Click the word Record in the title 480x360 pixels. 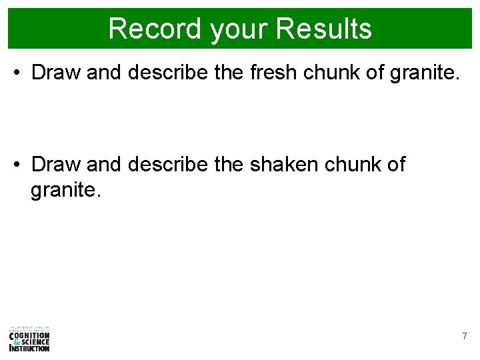[x=155, y=29]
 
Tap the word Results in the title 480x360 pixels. [x=324, y=29]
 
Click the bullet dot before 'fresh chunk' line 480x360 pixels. [x=19, y=73]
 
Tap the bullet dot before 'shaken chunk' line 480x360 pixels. [x=19, y=164]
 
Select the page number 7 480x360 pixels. [x=465, y=337]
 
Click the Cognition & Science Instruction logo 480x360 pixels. [x=29, y=339]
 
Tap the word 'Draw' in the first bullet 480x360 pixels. [x=56, y=73]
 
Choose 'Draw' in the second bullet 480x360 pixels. [x=56, y=164]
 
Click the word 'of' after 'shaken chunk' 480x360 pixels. [x=395, y=164]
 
